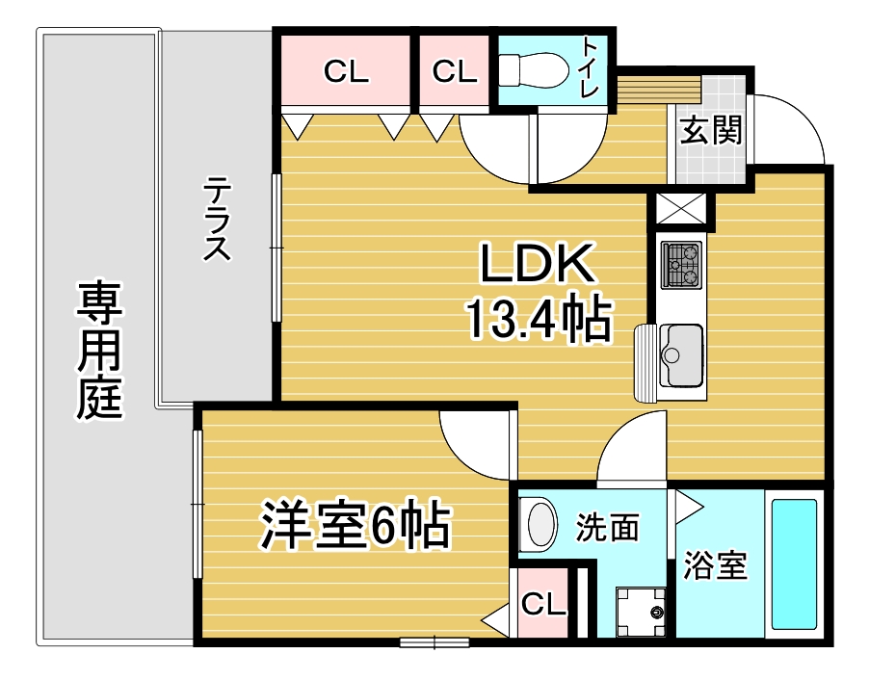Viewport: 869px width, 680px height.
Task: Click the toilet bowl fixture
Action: [533, 69]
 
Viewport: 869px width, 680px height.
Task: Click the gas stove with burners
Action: [681, 265]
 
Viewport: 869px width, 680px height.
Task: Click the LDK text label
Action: [537, 262]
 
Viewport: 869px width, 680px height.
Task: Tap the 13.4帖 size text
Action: [540, 319]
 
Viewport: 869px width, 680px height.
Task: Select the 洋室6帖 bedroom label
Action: [355, 525]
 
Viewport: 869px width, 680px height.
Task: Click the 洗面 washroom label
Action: [607, 527]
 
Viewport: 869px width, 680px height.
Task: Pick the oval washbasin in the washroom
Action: [540, 523]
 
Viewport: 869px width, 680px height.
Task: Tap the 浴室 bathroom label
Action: [715, 564]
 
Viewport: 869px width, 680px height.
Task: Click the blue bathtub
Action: [794, 564]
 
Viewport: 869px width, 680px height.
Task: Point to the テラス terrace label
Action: [217, 219]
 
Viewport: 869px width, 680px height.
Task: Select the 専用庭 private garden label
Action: [99, 351]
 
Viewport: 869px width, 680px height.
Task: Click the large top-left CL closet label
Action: [347, 71]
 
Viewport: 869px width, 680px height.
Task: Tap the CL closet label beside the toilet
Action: [455, 71]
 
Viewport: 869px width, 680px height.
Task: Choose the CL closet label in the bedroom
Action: [543, 604]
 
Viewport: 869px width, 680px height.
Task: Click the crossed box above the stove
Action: [681, 208]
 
